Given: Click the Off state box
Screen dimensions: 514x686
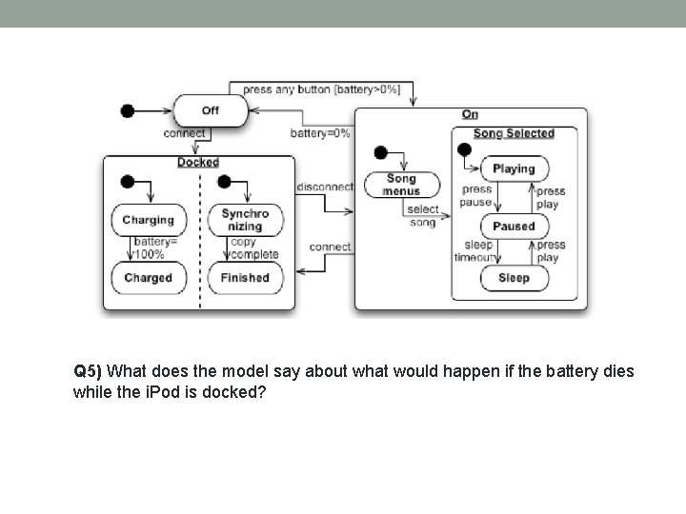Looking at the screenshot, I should [210, 110].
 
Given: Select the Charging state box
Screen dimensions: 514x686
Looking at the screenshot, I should [148, 220].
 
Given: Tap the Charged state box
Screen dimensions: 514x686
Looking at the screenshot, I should [148, 278].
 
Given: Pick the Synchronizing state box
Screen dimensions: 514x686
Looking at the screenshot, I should [245, 220].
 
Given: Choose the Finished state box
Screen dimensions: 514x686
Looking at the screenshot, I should [245, 278].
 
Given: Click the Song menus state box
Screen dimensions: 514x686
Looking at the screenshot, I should [401, 185].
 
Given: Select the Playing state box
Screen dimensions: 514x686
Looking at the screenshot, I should [514, 168].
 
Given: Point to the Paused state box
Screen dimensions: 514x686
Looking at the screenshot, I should [514, 227].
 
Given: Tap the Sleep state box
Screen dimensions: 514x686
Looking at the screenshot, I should [514, 278].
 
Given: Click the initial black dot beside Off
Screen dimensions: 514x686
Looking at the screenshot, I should [127, 110].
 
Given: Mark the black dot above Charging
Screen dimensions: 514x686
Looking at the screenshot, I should [128, 182].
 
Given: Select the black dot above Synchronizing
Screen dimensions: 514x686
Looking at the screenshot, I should [225, 182].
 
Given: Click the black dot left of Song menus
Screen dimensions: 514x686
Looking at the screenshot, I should [380, 152].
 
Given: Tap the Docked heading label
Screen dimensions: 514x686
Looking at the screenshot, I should [198, 163].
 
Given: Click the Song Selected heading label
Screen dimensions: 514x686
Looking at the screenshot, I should [514, 133].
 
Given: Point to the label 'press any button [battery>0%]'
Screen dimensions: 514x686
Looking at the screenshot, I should [320, 89].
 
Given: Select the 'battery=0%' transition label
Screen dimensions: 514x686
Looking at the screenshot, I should [320, 133].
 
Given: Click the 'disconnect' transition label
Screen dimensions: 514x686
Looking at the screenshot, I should [325, 187].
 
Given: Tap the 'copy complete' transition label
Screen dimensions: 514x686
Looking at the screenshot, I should [254, 248].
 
